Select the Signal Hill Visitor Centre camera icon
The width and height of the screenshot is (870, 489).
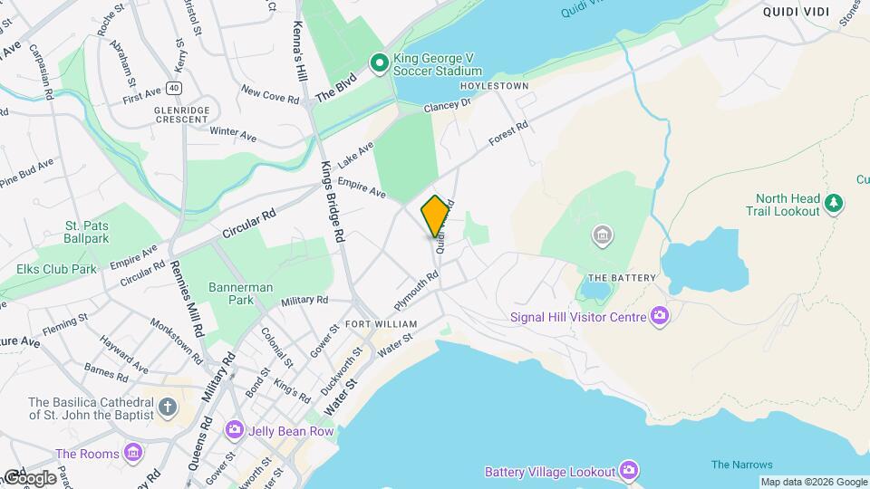click(x=659, y=316)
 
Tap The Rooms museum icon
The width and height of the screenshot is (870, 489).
click(x=134, y=453)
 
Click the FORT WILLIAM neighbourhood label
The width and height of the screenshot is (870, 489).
click(x=381, y=324)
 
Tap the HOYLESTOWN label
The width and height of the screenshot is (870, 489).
click(x=494, y=86)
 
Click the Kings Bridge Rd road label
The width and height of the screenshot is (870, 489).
click(x=332, y=201)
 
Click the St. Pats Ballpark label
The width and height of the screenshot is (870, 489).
click(x=87, y=232)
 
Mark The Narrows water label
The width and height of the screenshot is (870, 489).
click(x=741, y=465)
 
